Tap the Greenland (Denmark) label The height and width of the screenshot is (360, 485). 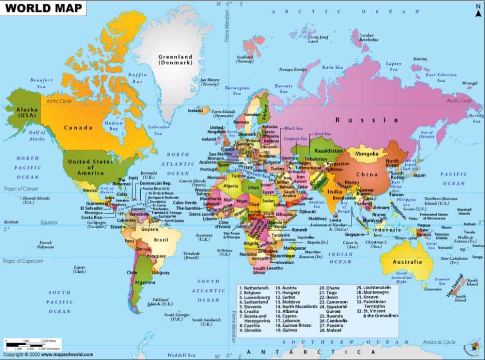click(x=175, y=60)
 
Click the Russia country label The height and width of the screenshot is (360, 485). click(x=367, y=120)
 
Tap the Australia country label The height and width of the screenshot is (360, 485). click(x=407, y=262)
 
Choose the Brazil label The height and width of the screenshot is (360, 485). click(x=161, y=240)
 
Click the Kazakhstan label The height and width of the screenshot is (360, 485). click(x=328, y=150)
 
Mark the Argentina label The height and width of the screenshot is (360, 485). click(x=144, y=283)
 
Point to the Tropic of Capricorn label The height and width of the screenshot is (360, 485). click(x=23, y=261)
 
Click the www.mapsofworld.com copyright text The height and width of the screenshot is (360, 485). click(x=48, y=354)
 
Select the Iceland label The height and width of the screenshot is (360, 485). click(x=195, y=110)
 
